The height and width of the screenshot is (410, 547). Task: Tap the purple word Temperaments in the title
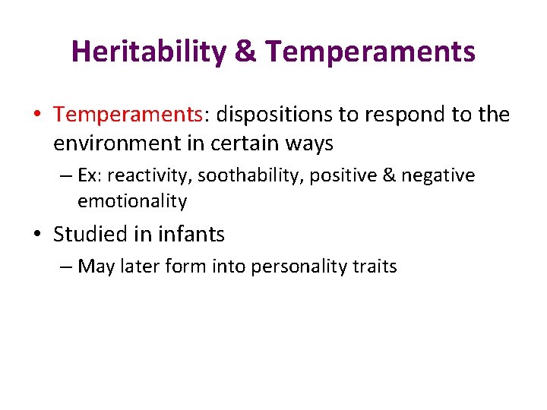(x=372, y=52)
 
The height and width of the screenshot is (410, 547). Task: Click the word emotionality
(x=132, y=201)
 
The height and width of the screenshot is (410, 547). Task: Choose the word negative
(x=438, y=176)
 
